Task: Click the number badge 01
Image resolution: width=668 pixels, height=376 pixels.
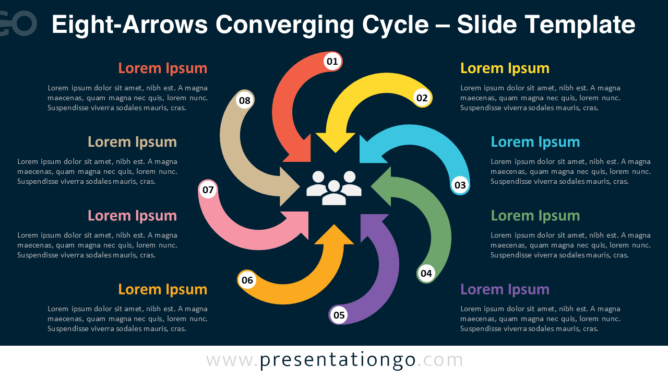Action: click(x=332, y=62)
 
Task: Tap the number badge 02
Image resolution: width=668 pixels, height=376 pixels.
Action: click(x=422, y=98)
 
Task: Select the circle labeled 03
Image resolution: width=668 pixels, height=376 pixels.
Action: click(x=460, y=185)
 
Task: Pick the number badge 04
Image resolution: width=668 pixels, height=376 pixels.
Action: click(x=426, y=273)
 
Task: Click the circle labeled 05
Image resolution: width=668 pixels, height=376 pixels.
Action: click(x=339, y=315)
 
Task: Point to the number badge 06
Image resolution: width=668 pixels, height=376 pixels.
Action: click(x=247, y=280)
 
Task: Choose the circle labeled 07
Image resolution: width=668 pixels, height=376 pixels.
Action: click(x=208, y=190)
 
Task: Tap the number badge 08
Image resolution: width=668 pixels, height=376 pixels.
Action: click(x=245, y=100)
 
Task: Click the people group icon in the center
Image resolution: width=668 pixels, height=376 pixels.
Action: click(x=334, y=187)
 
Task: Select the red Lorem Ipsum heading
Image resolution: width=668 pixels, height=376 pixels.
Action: click(x=162, y=68)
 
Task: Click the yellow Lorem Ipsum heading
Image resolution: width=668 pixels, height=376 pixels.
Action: click(x=505, y=68)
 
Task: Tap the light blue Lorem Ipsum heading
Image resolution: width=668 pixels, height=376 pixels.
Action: click(x=535, y=142)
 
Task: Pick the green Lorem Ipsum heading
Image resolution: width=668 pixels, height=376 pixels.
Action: click(x=535, y=216)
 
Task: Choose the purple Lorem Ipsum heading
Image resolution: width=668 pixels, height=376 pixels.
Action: click(x=505, y=289)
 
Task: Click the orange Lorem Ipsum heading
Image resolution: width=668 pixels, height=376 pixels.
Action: click(x=162, y=289)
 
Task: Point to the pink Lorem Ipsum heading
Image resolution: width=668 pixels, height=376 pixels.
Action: click(x=132, y=216)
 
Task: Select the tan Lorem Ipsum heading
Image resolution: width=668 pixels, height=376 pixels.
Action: click(x=132, y=142)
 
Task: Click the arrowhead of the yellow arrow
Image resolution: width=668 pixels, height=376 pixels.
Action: click(x=335, y=142)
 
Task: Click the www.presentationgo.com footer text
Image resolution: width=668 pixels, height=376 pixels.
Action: click(x=335, y=360)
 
